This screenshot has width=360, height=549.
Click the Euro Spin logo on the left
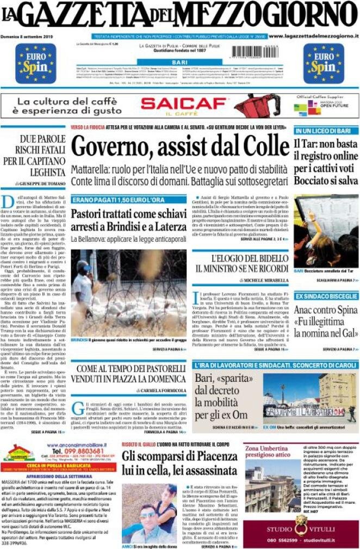[x=35, y=63]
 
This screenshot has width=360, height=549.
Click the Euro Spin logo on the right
[x=324, y=63]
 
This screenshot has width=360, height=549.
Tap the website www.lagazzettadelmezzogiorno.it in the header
[x=314, y=36]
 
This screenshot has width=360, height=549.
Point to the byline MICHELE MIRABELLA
[x=266, y=280]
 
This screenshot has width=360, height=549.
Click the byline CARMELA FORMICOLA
[x=162, y=391]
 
